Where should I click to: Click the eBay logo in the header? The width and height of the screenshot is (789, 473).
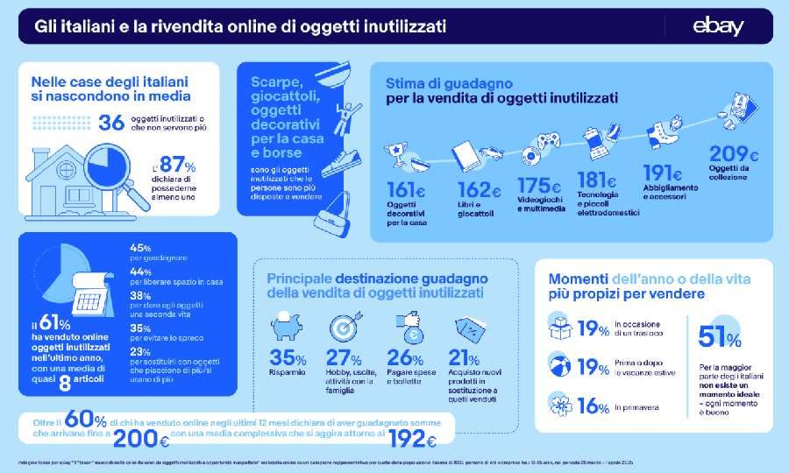(718, 27)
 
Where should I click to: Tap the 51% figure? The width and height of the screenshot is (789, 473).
(718, 336)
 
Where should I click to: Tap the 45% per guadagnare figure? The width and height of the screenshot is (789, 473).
(140, 246)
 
